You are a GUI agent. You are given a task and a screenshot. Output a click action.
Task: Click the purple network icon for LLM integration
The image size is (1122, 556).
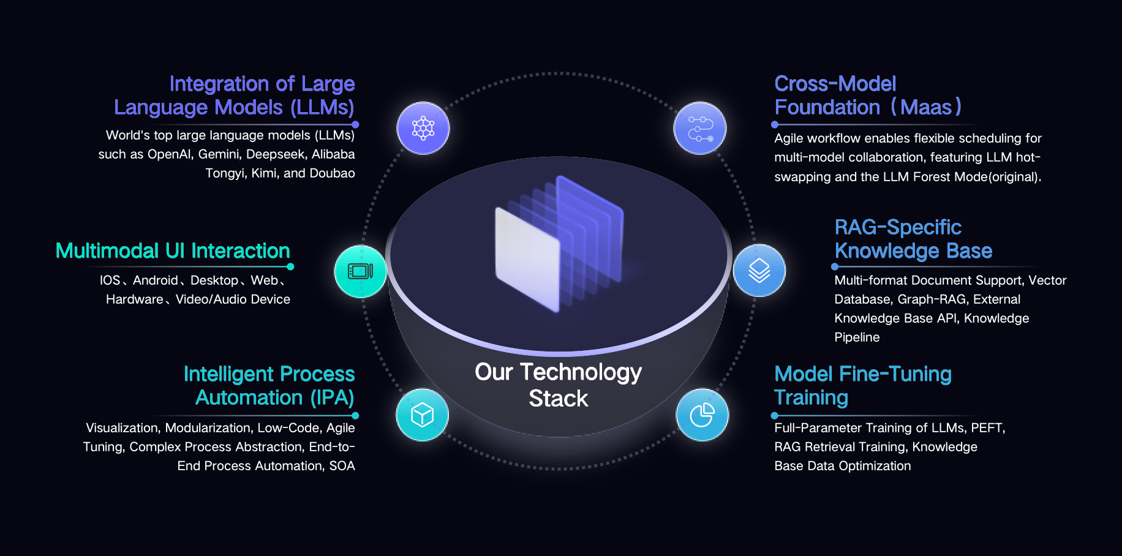423,129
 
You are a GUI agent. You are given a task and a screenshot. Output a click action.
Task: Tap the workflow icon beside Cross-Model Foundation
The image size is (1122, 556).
700,129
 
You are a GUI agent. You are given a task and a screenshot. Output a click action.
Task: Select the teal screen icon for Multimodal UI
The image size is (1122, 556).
361,271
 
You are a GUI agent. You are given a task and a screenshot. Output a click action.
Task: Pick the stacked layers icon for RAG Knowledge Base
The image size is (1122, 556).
759,271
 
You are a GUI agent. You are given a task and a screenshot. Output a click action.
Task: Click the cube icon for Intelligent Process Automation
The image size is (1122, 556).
423,415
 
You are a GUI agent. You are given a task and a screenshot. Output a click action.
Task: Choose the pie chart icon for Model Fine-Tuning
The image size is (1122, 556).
702,415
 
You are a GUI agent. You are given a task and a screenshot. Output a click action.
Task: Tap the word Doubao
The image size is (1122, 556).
332,173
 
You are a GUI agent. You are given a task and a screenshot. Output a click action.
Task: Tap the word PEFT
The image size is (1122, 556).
988,428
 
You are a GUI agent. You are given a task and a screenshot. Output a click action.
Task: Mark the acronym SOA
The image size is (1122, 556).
342,466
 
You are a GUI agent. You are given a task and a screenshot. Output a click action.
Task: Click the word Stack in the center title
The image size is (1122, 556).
559,399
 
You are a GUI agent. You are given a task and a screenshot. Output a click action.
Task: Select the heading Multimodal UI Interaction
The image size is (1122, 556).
173,251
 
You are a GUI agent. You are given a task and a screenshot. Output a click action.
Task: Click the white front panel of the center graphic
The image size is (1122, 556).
527,259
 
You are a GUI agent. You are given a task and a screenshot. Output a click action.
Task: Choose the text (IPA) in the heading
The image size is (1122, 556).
332,398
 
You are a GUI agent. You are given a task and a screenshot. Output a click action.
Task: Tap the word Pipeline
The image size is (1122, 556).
857,337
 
